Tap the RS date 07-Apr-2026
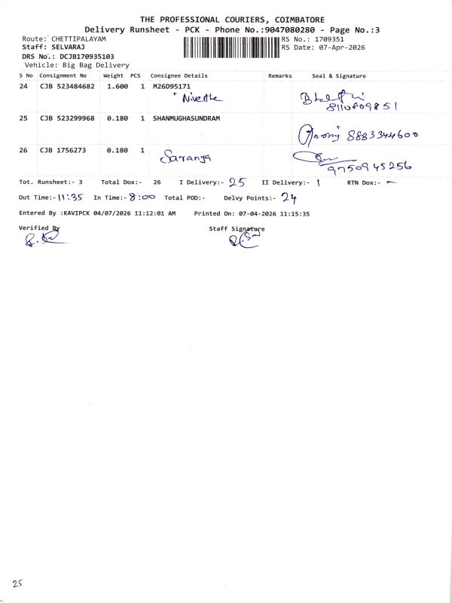tap(337, 47)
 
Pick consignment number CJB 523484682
tap(67, 87)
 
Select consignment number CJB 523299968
tap(67, 119)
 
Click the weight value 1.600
tap(118, 87)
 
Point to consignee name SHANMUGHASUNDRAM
tap(186, 119)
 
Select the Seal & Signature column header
tap(338, 76)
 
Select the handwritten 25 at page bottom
tap(17, 584)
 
